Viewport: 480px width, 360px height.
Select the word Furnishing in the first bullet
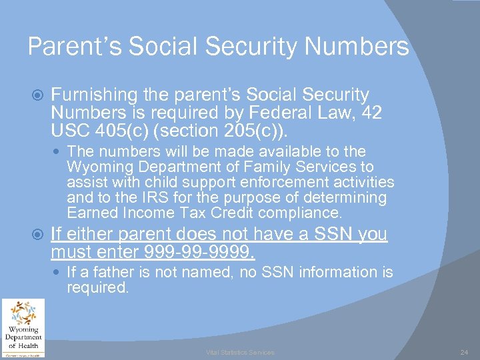93,96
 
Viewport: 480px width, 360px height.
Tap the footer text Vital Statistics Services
239,352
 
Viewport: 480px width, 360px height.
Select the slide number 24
464,352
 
